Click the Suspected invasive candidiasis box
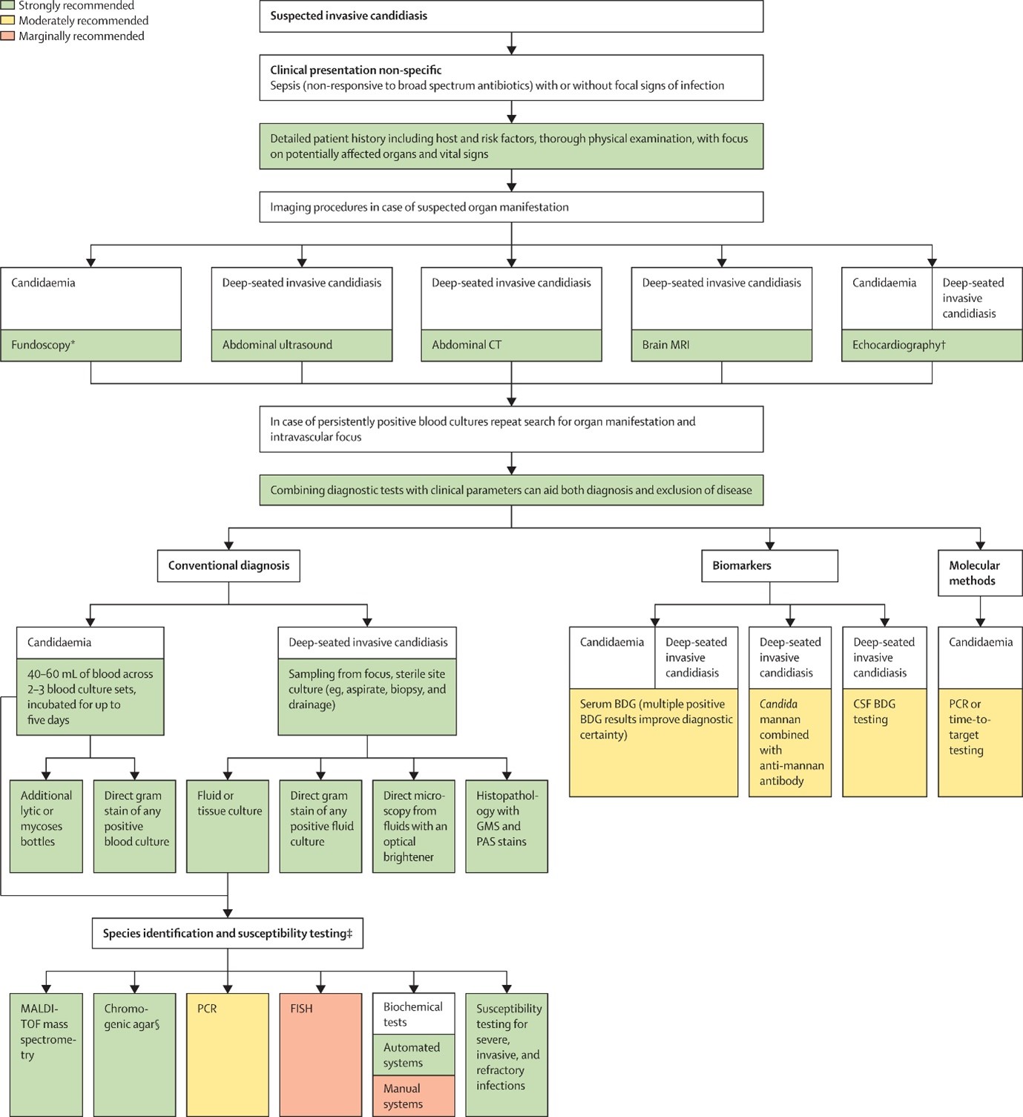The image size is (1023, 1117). coord(510,16)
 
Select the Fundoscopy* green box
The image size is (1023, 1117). coord(91,345)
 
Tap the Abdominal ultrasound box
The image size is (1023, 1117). coord(301,345)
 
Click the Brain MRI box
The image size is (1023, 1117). coord(721,345)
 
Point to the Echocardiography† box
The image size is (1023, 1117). coord(931,345)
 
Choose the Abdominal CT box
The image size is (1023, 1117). coord(511,345)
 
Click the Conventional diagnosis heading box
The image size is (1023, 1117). coord(228,566)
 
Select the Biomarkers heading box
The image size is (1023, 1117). coord(769,566)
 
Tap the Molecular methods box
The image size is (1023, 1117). coord(980,573)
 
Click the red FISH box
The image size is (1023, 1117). coord(320,1054)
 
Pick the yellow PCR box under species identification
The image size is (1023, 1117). coord(227,1054)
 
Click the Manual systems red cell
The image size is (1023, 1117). coord(413,1096)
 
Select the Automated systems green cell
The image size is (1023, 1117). coord(413,1055)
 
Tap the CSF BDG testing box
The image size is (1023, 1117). coord(884,742)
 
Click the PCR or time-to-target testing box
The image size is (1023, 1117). coord(980,742)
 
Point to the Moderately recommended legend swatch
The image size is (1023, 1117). coord(7,21)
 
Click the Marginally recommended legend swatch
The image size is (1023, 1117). coord(7,36)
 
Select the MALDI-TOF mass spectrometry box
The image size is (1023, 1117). coord(46,1054)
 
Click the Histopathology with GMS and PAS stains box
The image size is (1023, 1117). coord(507,826)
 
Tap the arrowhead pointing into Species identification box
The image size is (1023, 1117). coord(228,913)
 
